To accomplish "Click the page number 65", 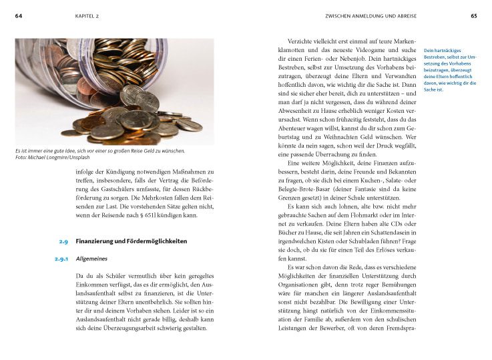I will (473, 15).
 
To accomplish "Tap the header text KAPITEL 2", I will (88, 15).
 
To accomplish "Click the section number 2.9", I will (63, 241).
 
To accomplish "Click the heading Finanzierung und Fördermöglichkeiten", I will (131, 241).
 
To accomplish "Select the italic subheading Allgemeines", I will (92, 258).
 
